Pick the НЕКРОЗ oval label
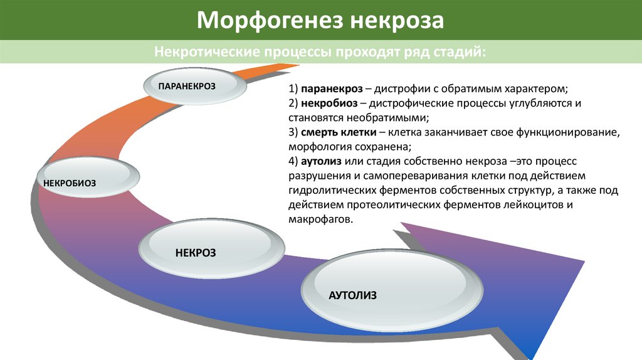(196, 252)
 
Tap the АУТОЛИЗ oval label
(352, 295)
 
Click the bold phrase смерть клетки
(339, 133)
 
